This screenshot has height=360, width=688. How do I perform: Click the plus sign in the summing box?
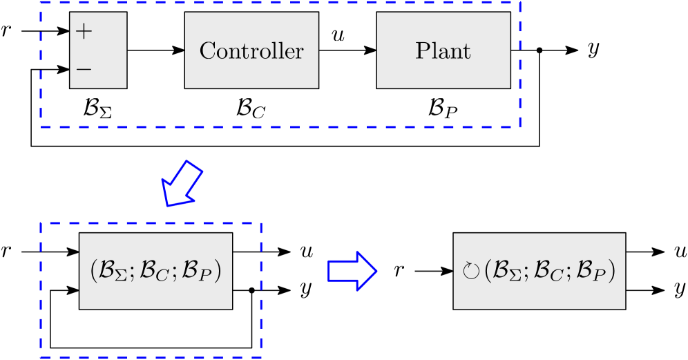click(84, 32)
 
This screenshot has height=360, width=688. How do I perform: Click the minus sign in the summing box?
click(84, 69)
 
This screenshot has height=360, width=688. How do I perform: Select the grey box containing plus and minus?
click(98, 50)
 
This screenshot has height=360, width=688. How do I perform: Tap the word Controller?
click(251, 51)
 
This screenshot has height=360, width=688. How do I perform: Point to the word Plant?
click(443, 51)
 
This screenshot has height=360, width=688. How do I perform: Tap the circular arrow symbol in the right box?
click(470, 271)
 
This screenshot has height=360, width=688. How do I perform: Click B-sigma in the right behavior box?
click(508, 272)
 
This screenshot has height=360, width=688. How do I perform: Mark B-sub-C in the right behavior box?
click(549, 272)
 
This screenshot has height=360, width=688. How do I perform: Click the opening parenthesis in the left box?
click(94, 272)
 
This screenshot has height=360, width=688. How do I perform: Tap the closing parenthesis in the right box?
click(611, 272)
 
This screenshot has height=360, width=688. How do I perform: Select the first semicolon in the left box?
click(134, 273)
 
